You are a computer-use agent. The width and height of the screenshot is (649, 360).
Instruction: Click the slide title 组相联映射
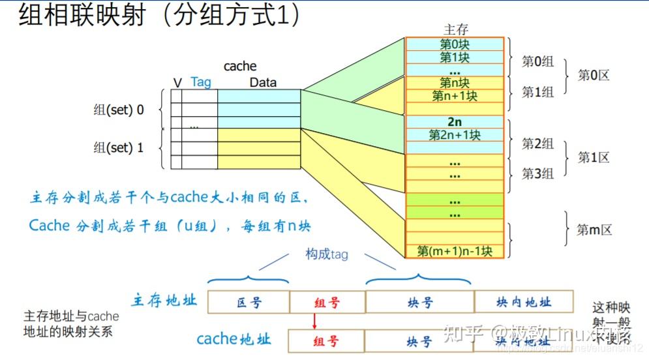coord(78,16)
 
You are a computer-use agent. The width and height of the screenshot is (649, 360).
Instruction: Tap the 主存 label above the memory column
coord(455,29)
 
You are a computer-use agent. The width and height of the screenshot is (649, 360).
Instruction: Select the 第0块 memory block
coord(455,44)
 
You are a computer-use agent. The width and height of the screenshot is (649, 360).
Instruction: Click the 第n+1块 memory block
coord(455,96)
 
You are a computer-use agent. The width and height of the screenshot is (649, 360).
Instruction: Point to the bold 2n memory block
coord(455,122)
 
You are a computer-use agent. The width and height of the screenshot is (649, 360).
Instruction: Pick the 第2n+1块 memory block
coord(455,135)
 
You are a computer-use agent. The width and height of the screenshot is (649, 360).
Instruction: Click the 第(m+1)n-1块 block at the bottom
coord(455,251)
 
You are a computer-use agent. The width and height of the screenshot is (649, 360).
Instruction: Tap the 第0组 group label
coord(537,62)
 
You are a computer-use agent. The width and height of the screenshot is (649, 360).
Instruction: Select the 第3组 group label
coord(537,173)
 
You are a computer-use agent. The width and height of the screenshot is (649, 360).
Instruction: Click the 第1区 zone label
coord(593,158)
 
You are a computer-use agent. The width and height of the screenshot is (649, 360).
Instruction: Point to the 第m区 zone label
coord(594,230)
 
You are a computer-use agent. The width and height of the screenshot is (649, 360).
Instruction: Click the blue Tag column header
coord(201,82)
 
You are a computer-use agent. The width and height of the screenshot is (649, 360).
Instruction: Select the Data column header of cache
coord(263,83)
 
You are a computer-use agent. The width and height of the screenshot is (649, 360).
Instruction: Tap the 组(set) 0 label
coord(119,110)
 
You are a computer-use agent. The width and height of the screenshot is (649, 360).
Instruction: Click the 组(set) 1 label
coord(119,148)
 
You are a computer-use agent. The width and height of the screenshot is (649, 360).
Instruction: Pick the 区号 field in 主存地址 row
coord(249,302)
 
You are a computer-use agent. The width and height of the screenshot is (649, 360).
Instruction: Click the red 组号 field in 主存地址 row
coord(326,302)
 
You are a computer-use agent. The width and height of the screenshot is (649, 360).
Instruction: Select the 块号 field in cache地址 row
coord(419,342)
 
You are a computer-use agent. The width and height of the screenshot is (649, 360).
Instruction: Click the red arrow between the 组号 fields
coord(314,322)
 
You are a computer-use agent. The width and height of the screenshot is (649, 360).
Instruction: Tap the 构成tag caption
coord(327,255)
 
